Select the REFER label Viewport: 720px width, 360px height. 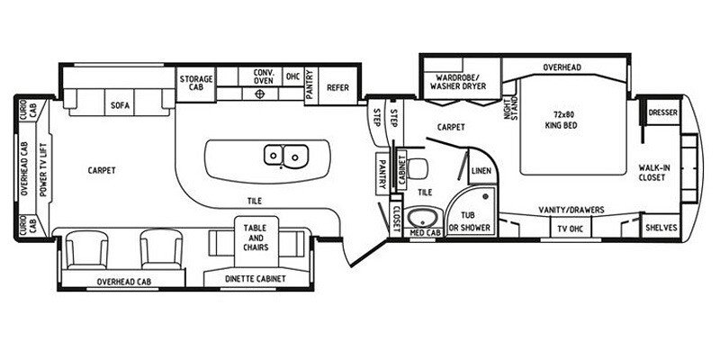point(337,87)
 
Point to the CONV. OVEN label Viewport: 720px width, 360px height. point(264,77)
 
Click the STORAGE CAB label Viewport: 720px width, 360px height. point(196,83)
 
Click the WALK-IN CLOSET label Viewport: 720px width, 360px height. point(652,172)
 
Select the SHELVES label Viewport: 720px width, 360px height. point(661,229)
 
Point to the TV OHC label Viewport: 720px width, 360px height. point(570,229)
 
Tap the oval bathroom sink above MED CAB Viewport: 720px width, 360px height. point(422,218)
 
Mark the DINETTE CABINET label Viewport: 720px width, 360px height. point(256,279)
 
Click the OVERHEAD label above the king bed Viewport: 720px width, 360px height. point(562,68)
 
